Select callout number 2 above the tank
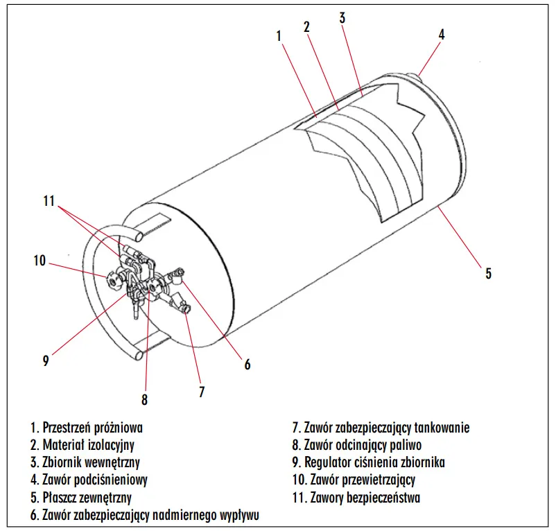306,28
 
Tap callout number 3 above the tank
342,19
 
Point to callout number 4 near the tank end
442,33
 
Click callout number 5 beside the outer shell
488,273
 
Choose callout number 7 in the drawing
202,392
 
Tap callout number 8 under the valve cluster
144,399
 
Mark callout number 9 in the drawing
46,360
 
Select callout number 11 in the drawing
48,201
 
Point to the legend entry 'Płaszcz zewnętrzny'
81,497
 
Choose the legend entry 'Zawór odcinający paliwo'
357,445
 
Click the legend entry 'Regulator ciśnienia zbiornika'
368,462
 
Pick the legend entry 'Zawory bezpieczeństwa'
357,497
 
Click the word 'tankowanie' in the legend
442,428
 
